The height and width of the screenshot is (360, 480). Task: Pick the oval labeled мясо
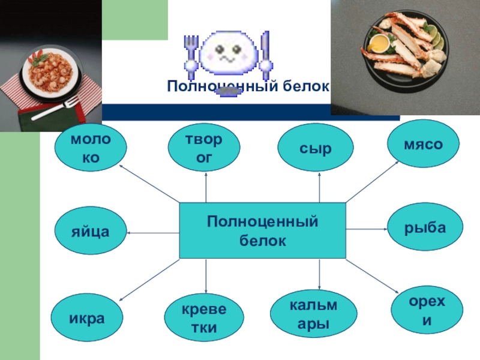[x=424, y=145]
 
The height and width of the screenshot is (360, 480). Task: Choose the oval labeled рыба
[x=425, y=228]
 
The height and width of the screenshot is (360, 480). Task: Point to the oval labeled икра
[x=87, y=317]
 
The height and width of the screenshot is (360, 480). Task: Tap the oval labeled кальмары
[x=313, y=315]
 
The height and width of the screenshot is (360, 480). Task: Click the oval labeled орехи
[x=427, y=311]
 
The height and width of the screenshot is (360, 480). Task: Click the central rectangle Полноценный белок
[x=263, y=231]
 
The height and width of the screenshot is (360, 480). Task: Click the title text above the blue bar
[x=248, y=87]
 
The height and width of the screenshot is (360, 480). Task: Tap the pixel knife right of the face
[x=265, y=51]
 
